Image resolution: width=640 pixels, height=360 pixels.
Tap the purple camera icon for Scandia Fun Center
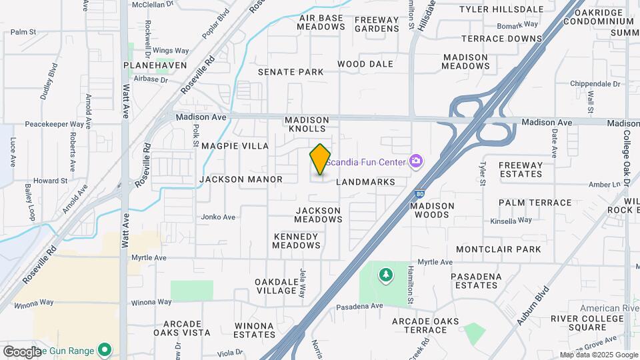(416, 161)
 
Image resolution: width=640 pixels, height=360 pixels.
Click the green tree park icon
(385, 275)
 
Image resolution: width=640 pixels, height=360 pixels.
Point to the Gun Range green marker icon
(104, 349)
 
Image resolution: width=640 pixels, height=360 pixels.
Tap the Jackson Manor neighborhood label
(241, 179)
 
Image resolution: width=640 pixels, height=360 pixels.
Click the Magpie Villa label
(235, 146)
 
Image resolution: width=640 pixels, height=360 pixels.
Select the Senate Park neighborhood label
(291, 72)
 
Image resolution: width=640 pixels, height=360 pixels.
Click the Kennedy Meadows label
(296, 241)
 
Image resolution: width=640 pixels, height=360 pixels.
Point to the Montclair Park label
(508, 249)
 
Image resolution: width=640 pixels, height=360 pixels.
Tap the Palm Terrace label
(535, 203)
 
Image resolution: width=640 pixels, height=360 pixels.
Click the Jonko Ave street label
(219, 217)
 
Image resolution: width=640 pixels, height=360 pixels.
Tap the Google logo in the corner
(21, 351)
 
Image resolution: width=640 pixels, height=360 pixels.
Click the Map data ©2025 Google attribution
(599, 355)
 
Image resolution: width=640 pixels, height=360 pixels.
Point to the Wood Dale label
(365, 64)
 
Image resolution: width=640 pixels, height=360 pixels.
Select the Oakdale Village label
(276, 286)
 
